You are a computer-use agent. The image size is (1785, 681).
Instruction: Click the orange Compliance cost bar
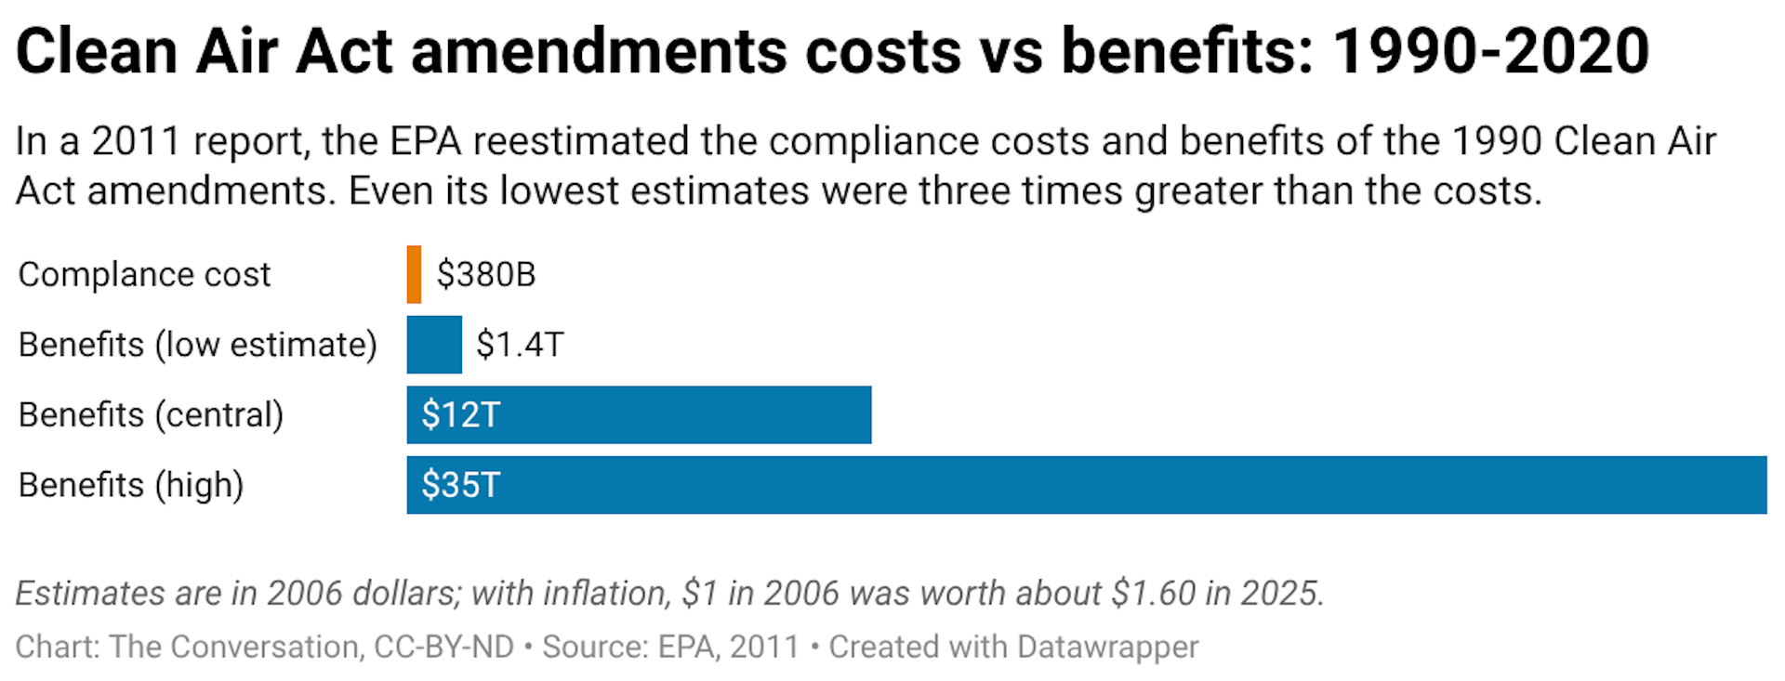pos(414,274)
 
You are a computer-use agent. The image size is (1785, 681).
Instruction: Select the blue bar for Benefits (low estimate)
pos(434,345)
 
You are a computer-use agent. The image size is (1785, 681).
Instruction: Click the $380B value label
pos(486,275)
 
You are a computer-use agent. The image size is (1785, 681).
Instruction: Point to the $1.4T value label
pos(520,345)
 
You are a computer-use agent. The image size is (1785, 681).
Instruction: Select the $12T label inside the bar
pos(460,414)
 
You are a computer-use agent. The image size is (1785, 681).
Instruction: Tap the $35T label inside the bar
pos(460,485)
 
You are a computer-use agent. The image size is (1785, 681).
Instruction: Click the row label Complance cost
pos(144,275)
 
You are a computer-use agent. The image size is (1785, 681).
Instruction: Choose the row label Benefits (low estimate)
pos(197,345)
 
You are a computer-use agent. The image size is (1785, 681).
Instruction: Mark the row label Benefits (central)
pos(151,414)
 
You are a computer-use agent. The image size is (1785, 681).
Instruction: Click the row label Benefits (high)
pos(131,485)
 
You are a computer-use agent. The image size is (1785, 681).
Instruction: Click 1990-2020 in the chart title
pos(1491,51)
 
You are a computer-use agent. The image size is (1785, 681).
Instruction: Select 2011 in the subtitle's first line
pos(136,141)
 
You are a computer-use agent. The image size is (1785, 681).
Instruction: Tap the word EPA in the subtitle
pos(425,141)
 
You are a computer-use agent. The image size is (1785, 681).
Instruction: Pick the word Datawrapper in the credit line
pos(1107,647)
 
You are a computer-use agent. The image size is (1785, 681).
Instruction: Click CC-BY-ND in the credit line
pos(443,647)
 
